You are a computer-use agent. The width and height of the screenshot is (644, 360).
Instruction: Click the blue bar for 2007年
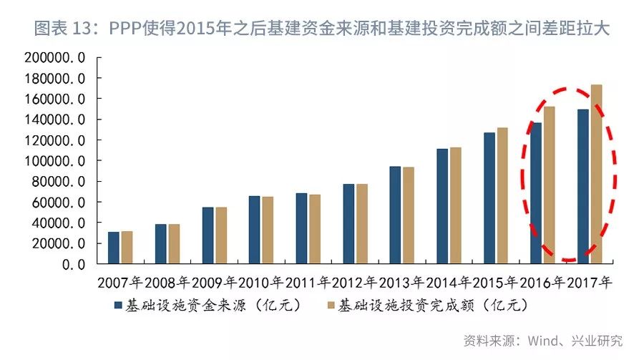pyautogui.click(x=114, y=248)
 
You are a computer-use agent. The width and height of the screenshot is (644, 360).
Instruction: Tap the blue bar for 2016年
pyautogui.click(x=536, y=193)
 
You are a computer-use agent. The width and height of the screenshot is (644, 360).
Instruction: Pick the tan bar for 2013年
pyautogui.click(x=409, y=215)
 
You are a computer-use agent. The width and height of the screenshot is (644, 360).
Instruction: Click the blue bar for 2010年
pyautogui.click(x=254, y=230)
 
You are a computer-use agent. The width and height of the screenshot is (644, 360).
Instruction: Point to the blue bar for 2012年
pyautogui.click(x=348, y=224)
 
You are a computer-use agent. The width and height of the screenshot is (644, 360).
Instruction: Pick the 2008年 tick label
pyautogui.click(x=167, y=281)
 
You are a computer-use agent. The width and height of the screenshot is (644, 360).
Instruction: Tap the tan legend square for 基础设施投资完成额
pyautogui.click(x=329, y=306)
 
